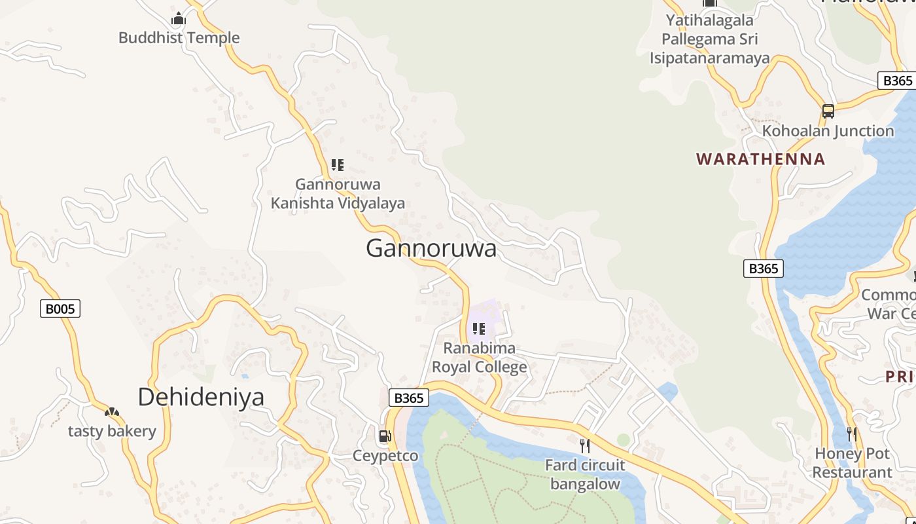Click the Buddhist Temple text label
tap(179, 38)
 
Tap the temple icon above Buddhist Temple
tap(179, 18)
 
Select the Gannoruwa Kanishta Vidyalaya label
tap(338, 194)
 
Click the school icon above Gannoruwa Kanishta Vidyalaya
tap(338, 165)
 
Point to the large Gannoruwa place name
tap(431, 249)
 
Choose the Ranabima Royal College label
tap(480, 358)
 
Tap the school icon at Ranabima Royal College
tap(479, 329)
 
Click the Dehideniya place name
tap(201, 397)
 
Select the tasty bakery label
tap(112, 431)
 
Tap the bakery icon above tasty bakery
tap(112, 413)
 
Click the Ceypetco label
tap(385, 455)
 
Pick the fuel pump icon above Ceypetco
tap(385, 436)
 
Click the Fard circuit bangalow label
tap(585, 475)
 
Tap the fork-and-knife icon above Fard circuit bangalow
tap(585, 446)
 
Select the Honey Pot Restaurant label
tap(852, 463)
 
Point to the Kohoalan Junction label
tap(828, 131)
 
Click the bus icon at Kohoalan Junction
tap(828, 111)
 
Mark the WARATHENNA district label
tap(761, 159)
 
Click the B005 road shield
tap(60, 309)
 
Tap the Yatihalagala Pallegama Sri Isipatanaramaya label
tap(709, 39)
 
